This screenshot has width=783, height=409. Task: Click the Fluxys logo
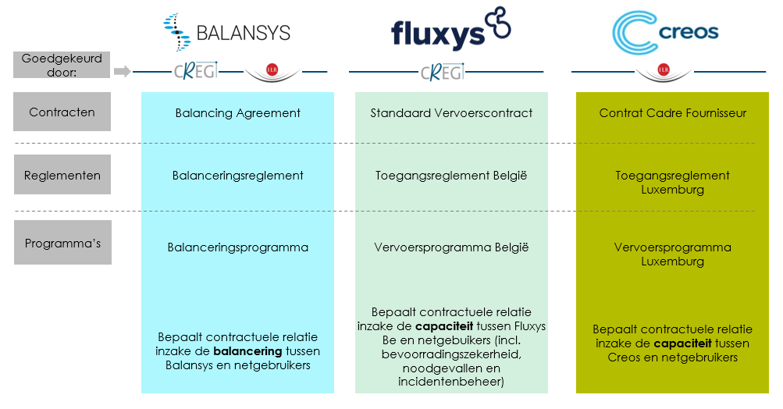coord(450,29)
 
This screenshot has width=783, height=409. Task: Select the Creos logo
coord(665,32)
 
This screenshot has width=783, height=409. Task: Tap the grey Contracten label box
coord(62,112)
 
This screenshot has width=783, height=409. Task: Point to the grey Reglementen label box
coord(62,175)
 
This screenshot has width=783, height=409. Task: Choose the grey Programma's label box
coord(62,243)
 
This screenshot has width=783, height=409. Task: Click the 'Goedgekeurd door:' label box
coord(62,65)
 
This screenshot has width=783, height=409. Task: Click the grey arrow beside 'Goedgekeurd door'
coord(122,72)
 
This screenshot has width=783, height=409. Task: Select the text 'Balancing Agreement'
coord(237,113)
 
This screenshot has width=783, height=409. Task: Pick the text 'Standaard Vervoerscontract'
coord(451,113)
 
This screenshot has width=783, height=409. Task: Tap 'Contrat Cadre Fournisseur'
coord(672,113)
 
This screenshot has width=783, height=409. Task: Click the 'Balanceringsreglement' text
coord(237,176)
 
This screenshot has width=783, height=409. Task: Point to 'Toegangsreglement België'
coord(451,176)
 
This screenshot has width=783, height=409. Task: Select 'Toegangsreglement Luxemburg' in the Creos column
coord(672,183)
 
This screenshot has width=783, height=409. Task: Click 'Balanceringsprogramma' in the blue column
coord(237,247)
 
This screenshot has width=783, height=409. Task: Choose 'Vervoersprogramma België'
coord(451,247)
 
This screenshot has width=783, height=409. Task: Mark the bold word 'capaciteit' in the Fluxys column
coord(437,325)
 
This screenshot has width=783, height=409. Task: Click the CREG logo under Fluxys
coord(442,73)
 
